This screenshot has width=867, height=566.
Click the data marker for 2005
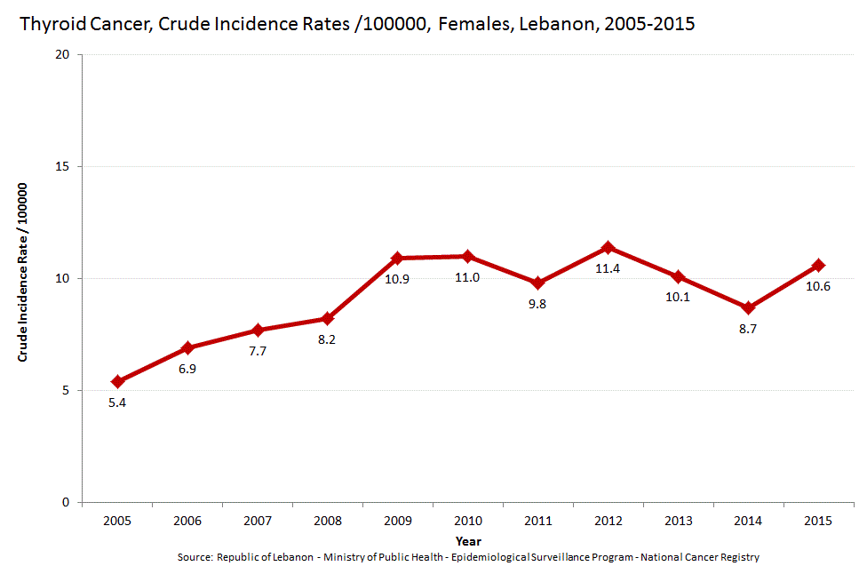117,381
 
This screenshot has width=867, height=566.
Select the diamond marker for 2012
608,247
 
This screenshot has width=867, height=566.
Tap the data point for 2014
748,307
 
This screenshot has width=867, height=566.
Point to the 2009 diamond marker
397,258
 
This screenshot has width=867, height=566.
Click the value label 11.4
608,267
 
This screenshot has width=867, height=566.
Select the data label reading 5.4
117,403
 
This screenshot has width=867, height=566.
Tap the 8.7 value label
748,329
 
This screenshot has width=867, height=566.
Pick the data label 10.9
397,279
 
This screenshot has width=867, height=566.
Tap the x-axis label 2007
257,520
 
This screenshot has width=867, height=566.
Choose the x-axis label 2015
817,520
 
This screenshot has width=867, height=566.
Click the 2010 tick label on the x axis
467,520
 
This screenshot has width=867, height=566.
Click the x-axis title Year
467,540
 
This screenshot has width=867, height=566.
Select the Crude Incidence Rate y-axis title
24,272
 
